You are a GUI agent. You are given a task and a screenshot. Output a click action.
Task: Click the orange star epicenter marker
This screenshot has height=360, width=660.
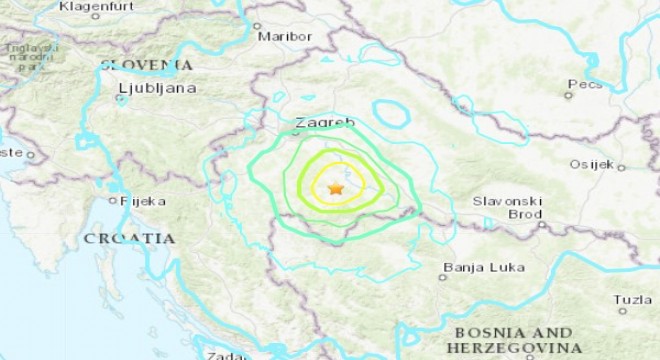click(336, 188)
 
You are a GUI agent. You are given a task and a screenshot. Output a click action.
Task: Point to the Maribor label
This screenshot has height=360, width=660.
click(285, 36)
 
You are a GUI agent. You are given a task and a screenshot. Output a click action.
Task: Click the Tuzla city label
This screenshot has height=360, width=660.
click(632, 299)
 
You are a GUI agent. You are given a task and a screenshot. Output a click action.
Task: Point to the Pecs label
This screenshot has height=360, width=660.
click(583, 84)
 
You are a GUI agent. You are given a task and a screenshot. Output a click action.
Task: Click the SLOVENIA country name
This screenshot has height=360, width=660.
click(146, 65)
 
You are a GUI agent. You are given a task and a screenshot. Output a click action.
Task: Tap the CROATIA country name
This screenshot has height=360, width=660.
click(129, 239)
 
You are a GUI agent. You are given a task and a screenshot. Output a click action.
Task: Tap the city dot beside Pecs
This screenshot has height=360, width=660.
click(568, 96)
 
